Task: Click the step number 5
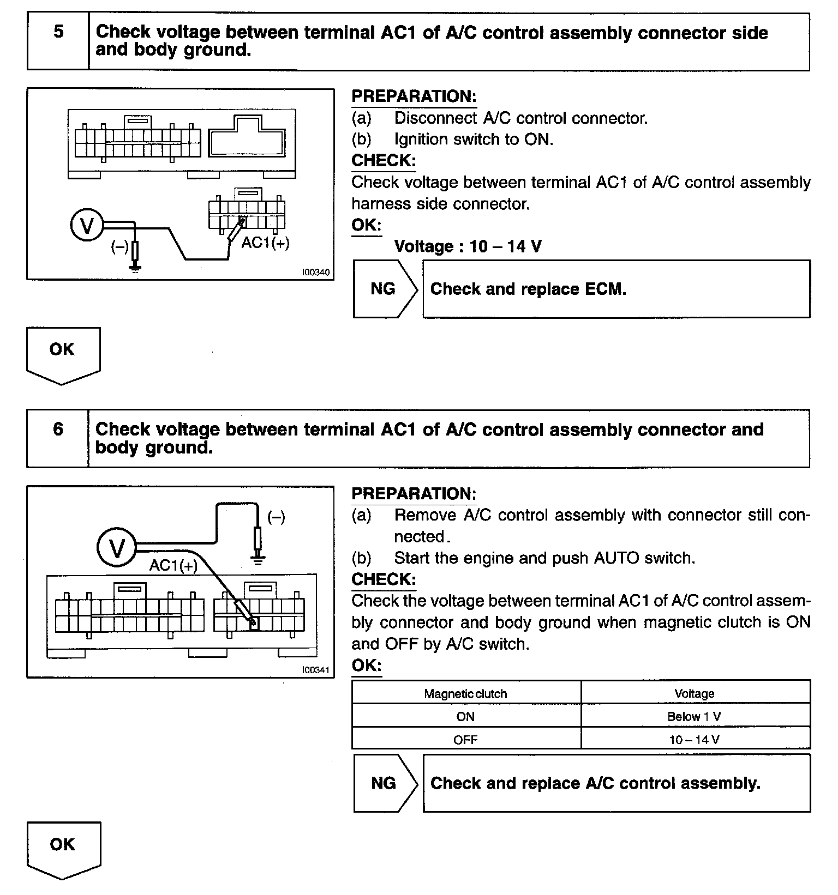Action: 58,32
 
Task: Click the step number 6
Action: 58,429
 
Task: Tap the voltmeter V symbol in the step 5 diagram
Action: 87,225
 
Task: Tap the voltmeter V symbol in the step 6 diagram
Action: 117,548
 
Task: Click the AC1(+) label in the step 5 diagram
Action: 265,243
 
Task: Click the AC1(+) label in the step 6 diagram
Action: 173,566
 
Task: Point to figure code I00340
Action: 316,272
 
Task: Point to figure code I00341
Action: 316,670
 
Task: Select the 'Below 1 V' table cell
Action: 695,717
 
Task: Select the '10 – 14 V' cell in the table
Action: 695,740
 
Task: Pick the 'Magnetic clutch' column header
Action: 465,694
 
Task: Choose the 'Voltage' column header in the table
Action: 695,694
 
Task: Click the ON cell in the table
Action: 465,717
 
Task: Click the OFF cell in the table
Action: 465,740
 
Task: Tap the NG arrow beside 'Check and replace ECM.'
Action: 384,289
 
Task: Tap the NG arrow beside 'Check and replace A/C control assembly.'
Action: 384,783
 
